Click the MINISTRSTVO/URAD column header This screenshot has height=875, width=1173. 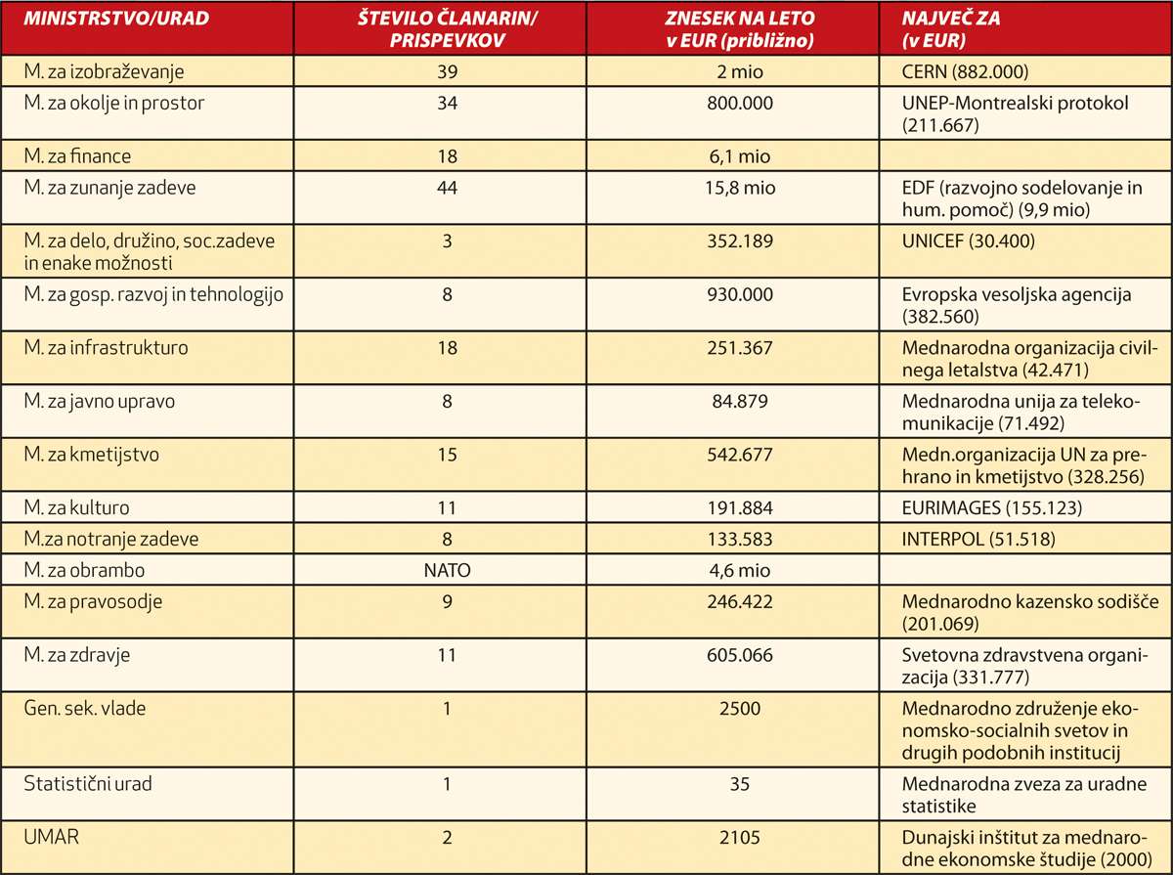(116, 19)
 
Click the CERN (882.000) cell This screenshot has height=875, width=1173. (965, 71)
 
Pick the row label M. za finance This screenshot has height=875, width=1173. (77, 156)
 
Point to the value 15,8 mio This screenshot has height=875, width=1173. (740, 188)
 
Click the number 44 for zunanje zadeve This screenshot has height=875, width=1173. (448, 188)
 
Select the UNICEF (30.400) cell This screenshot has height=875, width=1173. (968, 241)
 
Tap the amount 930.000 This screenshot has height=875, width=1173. (740, 294)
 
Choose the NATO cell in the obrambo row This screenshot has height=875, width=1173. (448, 570)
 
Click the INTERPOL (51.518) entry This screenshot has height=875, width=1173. (977, 539)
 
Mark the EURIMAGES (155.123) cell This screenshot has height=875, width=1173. (991, 507)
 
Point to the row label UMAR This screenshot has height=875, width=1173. (51, 837)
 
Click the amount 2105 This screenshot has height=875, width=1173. (740, 837)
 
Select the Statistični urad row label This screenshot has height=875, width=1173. (88, 784)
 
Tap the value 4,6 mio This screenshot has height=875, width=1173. (740, 570)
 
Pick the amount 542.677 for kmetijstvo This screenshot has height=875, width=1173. (740, 455)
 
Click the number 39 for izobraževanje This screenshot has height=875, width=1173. (448, 71)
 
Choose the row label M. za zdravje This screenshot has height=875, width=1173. (77, 655)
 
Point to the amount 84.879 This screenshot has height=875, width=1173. (740, 401)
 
